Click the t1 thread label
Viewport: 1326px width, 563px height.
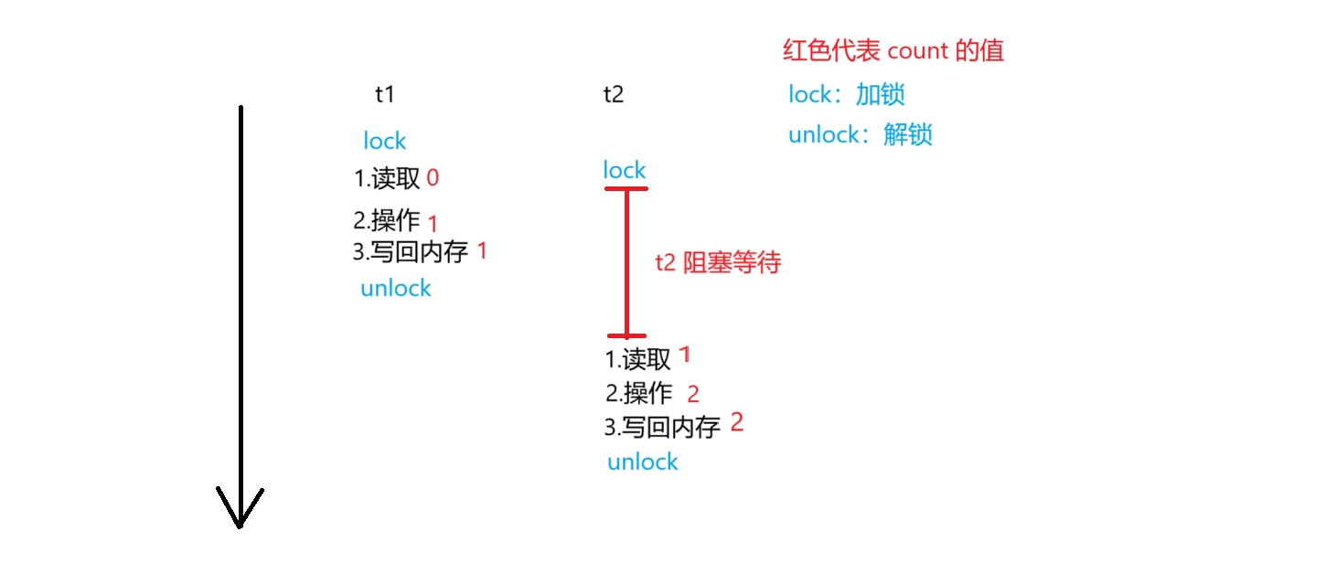pos(385,94)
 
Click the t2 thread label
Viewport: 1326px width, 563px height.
pos(614,94)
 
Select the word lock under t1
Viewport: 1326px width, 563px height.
pos(384,141)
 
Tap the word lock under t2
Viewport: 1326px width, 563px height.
pos(624,170)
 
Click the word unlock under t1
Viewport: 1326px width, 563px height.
pos(395,288)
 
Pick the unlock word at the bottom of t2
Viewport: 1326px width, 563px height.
pos(642,462)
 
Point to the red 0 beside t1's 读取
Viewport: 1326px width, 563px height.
pos(433,178)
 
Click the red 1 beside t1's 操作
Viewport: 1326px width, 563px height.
pos(433,224)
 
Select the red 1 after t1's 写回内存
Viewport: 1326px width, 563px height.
pos(482,251)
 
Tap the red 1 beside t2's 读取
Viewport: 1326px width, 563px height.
pos(685,355)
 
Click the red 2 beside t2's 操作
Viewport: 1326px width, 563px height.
pos(692,394)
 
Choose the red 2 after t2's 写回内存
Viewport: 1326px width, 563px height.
pos(736,423)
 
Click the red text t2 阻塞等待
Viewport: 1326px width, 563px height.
pos(718,263)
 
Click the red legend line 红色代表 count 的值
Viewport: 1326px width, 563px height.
pos(893,50)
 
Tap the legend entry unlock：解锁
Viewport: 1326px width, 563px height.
pos(860,135)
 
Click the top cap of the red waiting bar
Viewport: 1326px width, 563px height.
pos(626,189)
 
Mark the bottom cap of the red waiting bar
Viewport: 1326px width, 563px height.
pos(626,335)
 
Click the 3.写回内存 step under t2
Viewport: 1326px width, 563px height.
pos(662,427)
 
